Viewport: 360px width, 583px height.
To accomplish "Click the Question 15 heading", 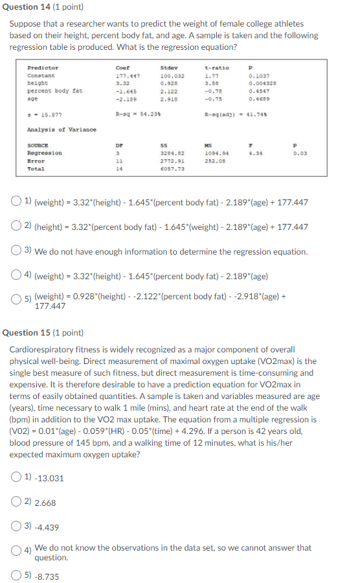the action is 43,332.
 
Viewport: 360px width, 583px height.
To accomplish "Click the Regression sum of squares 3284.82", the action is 169,153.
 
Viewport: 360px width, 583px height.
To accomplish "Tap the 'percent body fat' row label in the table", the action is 54,91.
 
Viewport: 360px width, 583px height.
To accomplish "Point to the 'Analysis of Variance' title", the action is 62,130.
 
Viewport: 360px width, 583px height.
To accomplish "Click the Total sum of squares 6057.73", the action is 169,168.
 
